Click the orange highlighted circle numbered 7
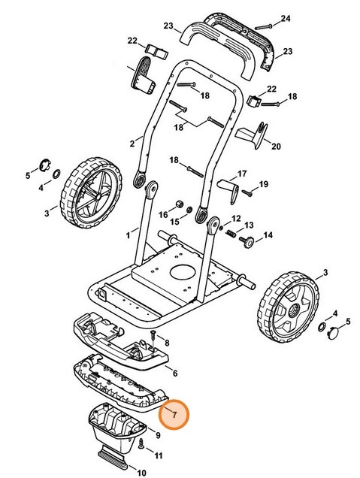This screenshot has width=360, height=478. (x=174, y=413)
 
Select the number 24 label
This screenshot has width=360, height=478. (x=285, y=18)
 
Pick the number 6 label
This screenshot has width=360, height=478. (x=174, y=372)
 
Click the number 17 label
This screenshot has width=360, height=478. (x=242, y=174)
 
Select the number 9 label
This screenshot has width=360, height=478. (x=158, y=434)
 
